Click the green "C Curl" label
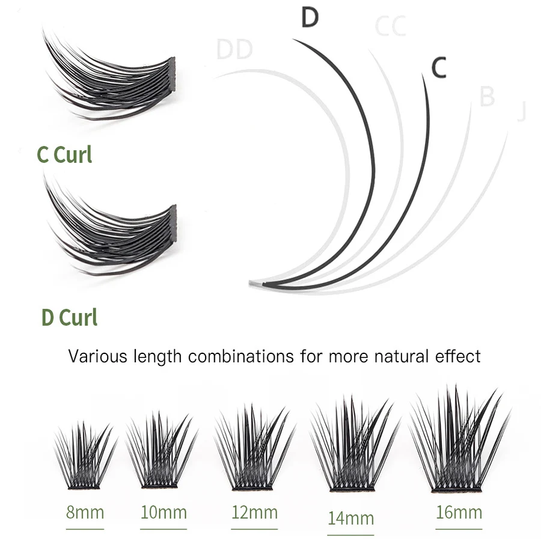coord(64,154)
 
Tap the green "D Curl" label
coord(69,317)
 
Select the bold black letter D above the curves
coord(309,18)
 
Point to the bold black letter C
coord(439,68)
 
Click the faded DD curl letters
coord(234,50)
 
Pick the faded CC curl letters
coord(390,26)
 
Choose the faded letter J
coord(521,112)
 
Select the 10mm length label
coord(164,513)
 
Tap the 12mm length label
coord(254,513)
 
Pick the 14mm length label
coord(351,517)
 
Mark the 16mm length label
coord(459,513)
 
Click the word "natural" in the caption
coord(400,356)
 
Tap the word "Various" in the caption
coord(97,356)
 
